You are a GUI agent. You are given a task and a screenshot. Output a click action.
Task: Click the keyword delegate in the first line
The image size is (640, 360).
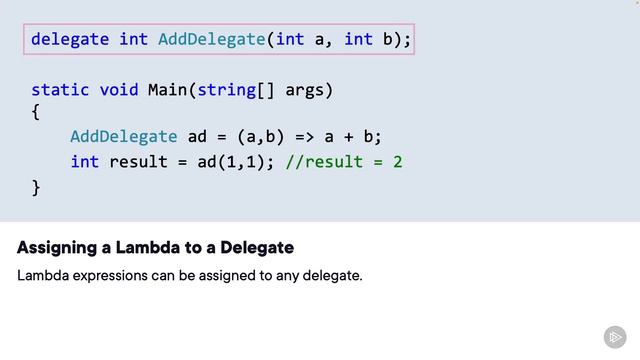pos(71,40)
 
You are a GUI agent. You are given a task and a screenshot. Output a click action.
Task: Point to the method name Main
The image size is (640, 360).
pos(168,90)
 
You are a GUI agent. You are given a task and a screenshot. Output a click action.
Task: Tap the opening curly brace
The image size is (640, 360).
pos(36,113)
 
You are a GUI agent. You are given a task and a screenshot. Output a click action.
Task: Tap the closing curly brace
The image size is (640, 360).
pos(36,186)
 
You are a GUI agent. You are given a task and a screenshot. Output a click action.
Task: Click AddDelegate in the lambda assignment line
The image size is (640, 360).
pos(124,137)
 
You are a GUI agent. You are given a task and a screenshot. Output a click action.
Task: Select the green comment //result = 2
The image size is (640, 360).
pos(344,161)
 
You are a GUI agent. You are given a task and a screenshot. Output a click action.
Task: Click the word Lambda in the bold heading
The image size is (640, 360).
pos(144,247)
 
